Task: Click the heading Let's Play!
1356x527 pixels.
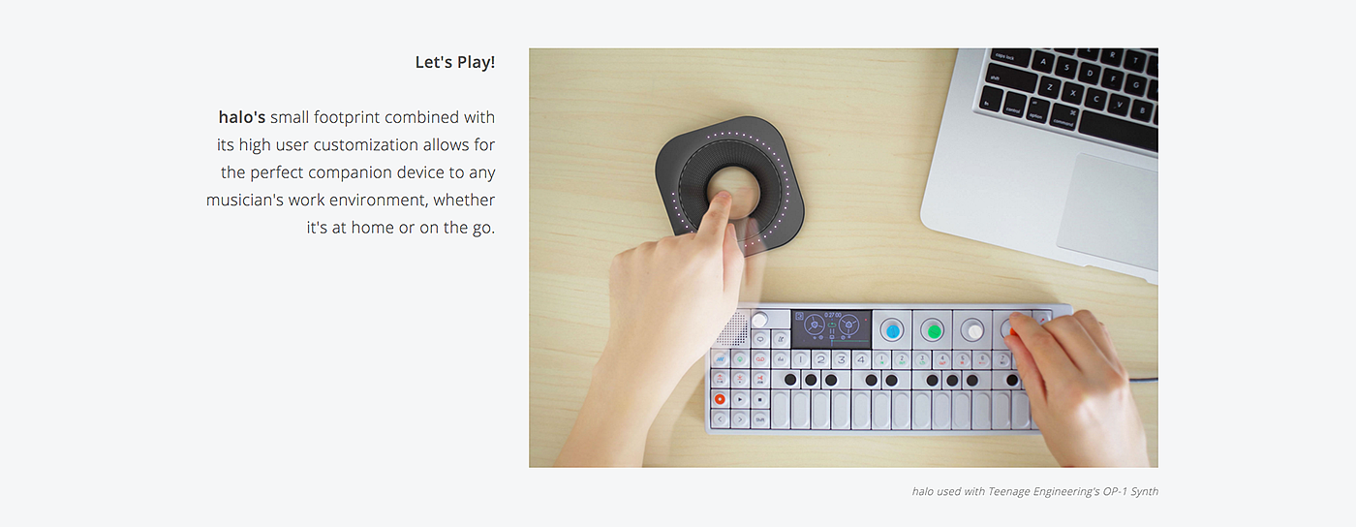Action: click(x=454, y=62)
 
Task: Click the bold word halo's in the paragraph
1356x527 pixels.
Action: click(x=241, y=117)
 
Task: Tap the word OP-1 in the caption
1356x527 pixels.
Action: click(x=1115, y=491)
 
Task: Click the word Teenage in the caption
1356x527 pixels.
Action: click(x=1009, y=491)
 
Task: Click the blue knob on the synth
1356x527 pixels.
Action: click(x=892, y=330)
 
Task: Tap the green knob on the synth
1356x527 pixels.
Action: click(x=933, y=330)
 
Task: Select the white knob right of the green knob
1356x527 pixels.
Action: click(x=972, y=330)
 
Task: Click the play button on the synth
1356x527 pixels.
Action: click(x=740, y=400)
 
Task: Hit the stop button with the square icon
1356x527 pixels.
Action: click(x=759, y=400)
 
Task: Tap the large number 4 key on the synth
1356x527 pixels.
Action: click(x=861, y=359)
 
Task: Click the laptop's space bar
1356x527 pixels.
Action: click(x=1121, y=131)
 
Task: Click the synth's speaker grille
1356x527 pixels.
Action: click(x=734, y=329)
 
